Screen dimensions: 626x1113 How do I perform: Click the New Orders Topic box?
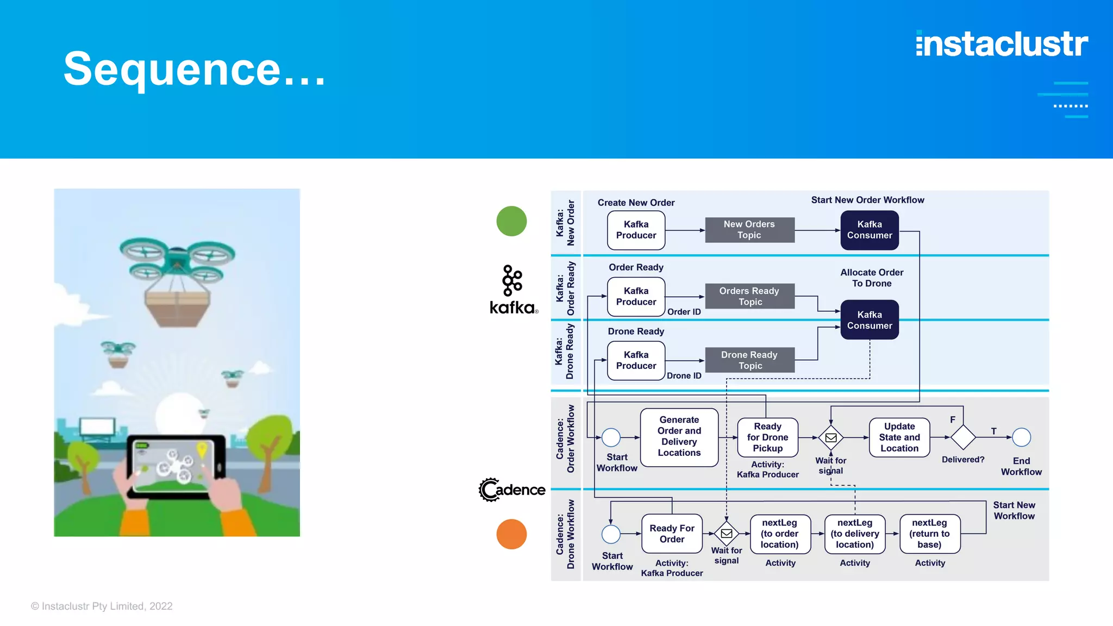coord(749,230)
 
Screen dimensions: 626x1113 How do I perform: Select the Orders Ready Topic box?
coord(749,296)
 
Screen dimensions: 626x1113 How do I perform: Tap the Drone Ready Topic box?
coord(749,360)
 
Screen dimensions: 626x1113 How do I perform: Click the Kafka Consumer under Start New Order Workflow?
coord(869,230)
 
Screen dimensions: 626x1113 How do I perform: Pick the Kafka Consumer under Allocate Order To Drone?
coord(869,320)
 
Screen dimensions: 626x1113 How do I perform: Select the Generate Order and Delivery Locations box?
coord(679,437)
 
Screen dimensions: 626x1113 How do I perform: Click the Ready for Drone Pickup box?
coord(767,437)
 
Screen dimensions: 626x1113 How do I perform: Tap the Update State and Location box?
coord(899,437)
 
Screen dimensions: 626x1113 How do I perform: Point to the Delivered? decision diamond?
coord(962,437)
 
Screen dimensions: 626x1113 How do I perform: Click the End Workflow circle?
coord(1021,437)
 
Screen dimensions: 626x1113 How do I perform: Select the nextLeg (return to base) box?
coord(929,534)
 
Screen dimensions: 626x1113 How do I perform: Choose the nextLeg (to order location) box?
coord(780,534)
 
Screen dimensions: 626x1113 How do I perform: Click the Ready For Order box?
coord(672,534)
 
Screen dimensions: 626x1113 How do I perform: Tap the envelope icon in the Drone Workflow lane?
coord(727,534)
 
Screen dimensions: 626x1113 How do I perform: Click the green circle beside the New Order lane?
coord(511,221)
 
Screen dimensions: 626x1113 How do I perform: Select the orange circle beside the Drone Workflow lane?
coord(511,534)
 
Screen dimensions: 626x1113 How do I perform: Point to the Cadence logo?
coord(512,490)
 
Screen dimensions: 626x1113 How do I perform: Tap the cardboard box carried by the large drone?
coord(177,308)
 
